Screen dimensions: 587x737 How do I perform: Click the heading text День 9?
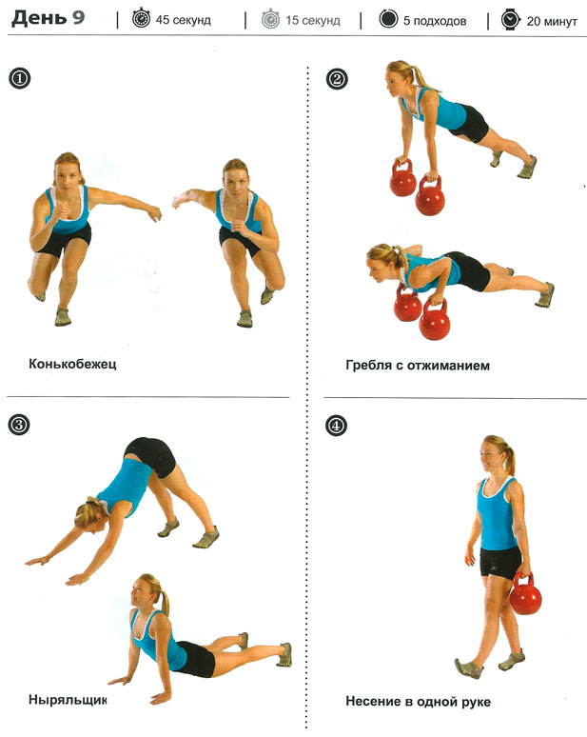point(48,18)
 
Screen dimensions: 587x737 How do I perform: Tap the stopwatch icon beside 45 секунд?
point(141,19)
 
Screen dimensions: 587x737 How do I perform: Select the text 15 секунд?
point(313,20)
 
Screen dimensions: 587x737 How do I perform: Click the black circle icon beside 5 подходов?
point(388,19)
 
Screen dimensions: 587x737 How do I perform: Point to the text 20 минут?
point(552,21)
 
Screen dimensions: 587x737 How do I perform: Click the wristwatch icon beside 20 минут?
point(511,20)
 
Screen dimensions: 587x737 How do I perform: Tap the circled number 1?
point(19,78)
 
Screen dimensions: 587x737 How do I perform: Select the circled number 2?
point(337,78)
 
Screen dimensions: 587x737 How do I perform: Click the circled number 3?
point(19,425)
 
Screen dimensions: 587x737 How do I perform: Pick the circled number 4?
point(336,426)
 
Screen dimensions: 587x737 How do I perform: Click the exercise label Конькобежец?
point(72,365)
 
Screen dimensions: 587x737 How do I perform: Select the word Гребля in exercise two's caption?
point(368,366)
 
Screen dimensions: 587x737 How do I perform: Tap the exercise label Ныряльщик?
point(68,700)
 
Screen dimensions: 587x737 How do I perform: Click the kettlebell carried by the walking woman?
point(525,594)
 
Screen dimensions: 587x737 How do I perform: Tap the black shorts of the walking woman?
point(500,562)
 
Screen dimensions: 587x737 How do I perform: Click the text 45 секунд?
point(184,20)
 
